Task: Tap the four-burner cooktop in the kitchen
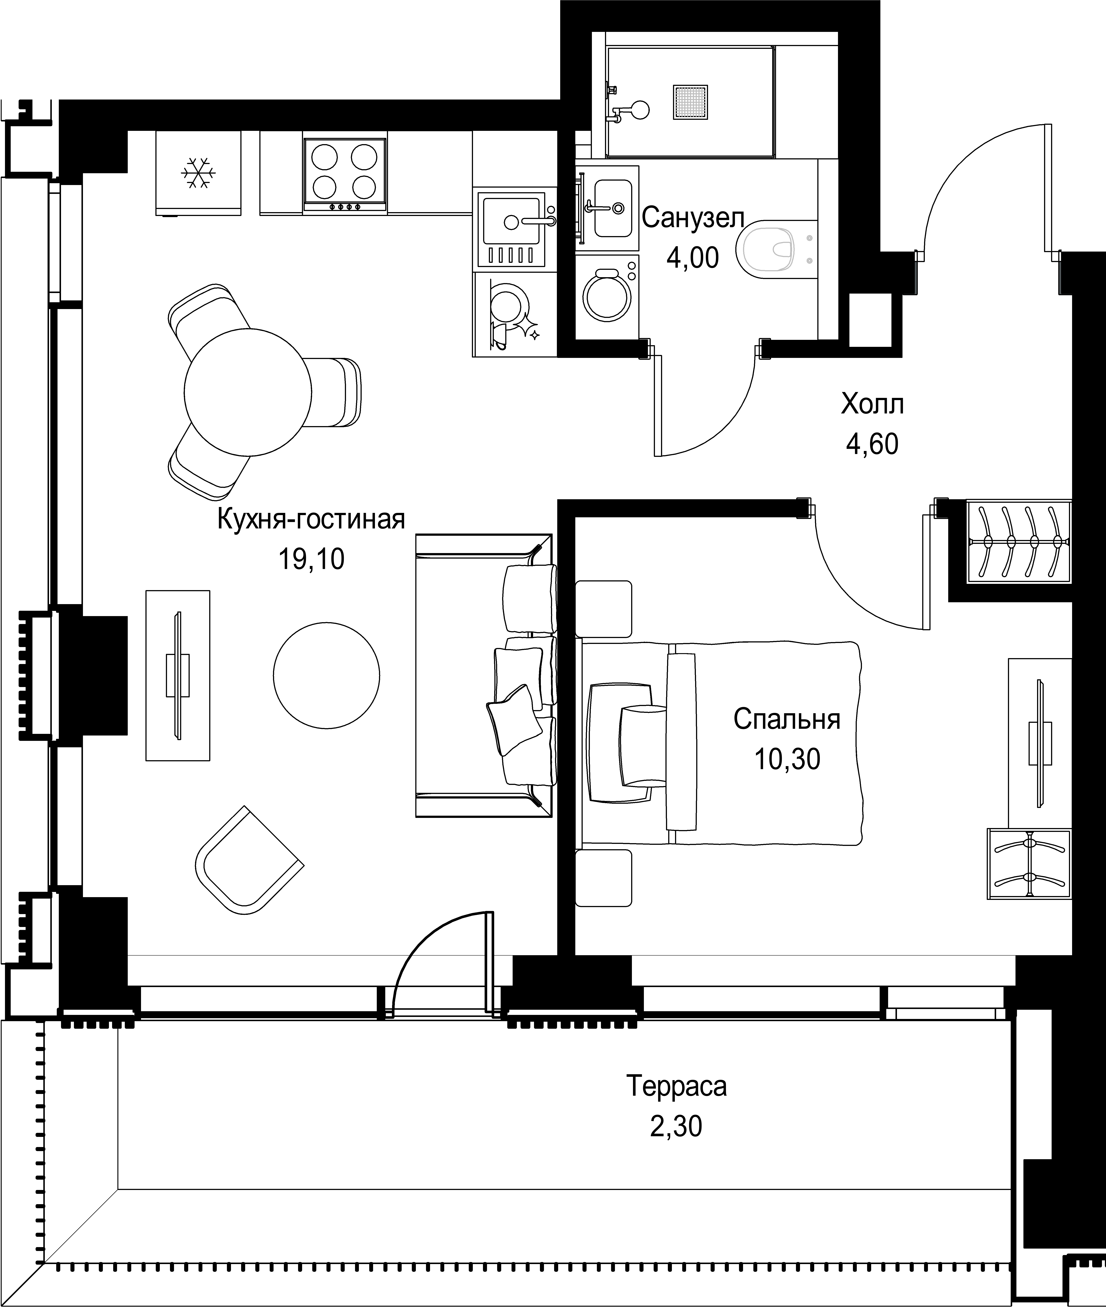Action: click(x=345, y=174)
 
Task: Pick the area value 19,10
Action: click(x=311, y=559)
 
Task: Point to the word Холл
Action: click(x=872, y=404)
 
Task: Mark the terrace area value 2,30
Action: click(x=676, y=1126)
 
